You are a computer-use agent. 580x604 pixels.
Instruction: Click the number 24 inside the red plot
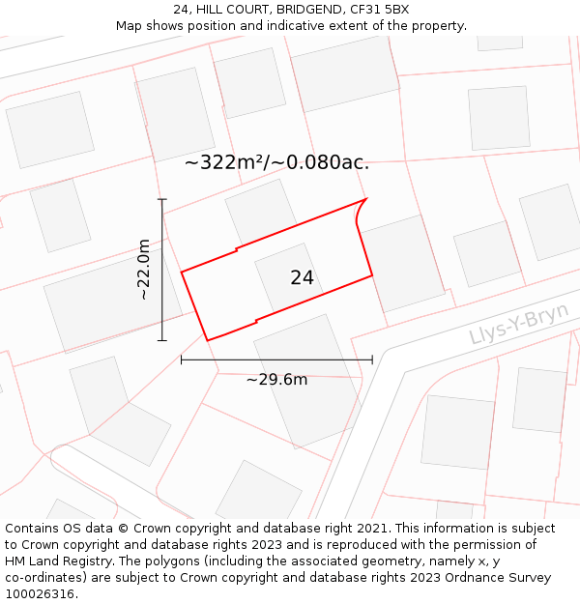coord(302,278)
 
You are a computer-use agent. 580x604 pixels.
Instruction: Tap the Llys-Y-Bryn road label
coord(518,324)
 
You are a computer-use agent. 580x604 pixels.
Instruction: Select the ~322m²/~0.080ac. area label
coord(276,162)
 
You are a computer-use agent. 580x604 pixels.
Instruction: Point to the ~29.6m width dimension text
coord(276,380)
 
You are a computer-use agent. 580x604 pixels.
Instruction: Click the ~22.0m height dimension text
coord(143,270)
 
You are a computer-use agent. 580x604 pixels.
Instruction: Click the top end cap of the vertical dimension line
coord(161,199)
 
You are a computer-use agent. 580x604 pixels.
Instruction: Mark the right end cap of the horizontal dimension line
coord(372,360)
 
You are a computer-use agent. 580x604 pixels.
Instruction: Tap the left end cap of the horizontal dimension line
coord(182,360)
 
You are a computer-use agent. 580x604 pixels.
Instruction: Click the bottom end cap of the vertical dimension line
coord(161,340)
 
